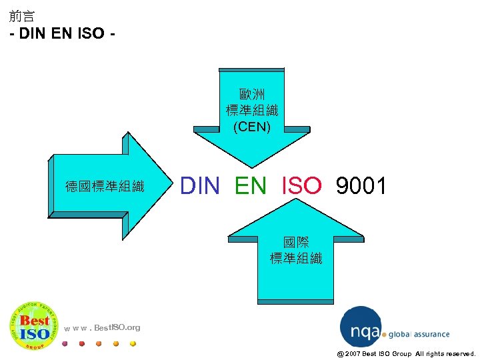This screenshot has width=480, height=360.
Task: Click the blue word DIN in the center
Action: point(200,186)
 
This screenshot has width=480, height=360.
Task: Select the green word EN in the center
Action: point(250,186)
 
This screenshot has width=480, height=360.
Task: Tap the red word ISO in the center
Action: point(302,186)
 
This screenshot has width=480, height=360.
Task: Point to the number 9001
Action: point(361,186)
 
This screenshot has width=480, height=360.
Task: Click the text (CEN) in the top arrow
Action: point(252,125)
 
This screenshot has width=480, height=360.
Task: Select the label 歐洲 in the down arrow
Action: point(252,95)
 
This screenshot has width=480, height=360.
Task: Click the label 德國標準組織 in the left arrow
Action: point(105,186)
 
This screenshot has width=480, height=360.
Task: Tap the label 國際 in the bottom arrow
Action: point(295,243)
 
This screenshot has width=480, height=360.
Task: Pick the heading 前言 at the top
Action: point(23,16)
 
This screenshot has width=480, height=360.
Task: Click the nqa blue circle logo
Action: point(361,327)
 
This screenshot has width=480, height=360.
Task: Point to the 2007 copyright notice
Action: point(406,353)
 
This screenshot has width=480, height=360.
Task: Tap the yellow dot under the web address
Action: point(133,344)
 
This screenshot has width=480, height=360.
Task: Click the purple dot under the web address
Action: point(64,344)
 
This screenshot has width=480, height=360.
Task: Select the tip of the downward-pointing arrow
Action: point(252,166)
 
